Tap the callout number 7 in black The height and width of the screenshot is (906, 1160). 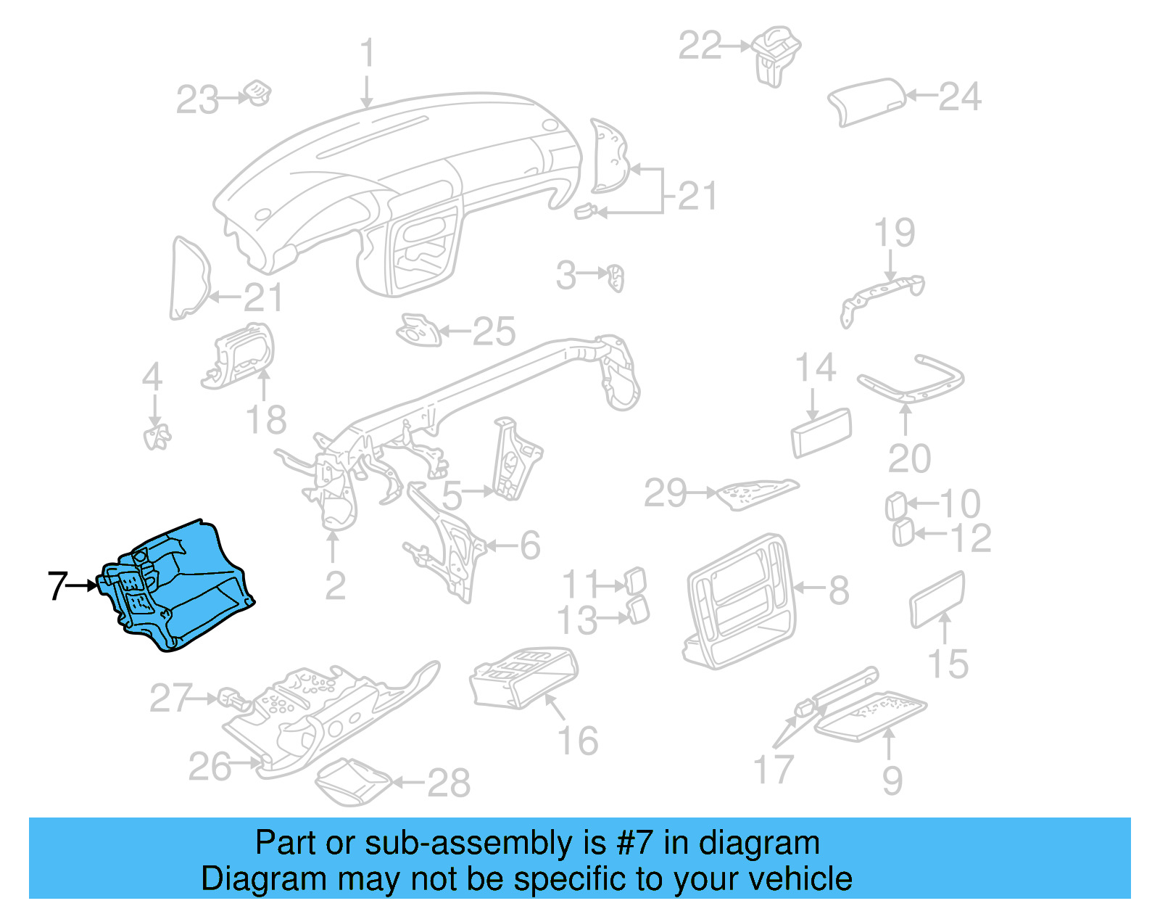click(57, 585)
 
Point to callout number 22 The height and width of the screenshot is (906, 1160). click(700, 45)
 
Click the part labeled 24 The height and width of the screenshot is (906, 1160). click(866, 101)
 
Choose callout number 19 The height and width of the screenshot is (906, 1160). click(894, 233)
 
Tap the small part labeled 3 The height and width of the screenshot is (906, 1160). click(616, 278)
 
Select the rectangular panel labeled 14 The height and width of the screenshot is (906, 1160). click(821, 432)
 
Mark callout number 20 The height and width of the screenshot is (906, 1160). click(909, 458)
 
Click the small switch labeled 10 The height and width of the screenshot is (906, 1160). click(895, 506)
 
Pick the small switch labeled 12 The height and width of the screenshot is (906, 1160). click(902, 533)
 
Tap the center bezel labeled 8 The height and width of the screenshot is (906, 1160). click(739, 602)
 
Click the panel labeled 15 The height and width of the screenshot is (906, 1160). click(937, 598)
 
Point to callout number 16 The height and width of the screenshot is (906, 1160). click(578, 741)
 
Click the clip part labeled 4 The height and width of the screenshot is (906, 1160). click(156, 437)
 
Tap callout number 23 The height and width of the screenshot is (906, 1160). click(196, 99)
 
